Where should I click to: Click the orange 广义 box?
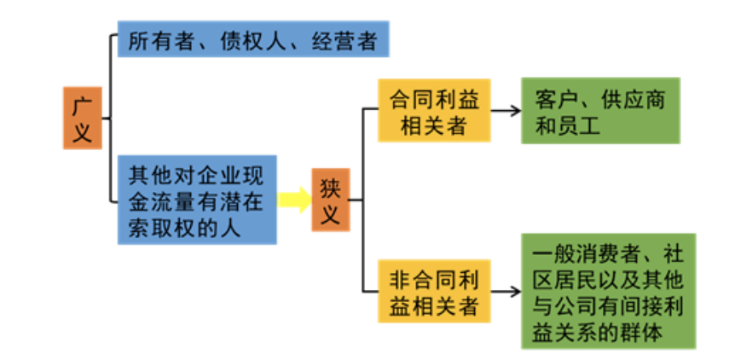click(83, 118)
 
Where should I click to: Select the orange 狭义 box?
click(330, 201)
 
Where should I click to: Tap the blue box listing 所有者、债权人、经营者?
click(252, 41)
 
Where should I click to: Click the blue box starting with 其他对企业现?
click(196, 201)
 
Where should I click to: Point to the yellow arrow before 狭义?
click(294, 201)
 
